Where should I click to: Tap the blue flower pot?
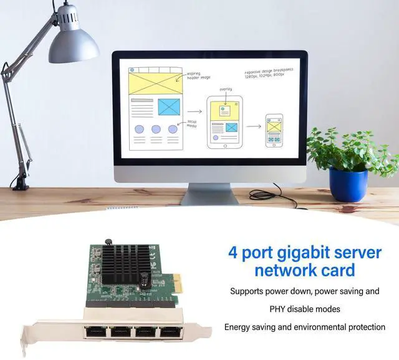(348, 185)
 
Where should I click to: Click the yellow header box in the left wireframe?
(153, 83)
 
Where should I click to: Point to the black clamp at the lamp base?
(19, 182)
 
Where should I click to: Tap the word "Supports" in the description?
(249, 291)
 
